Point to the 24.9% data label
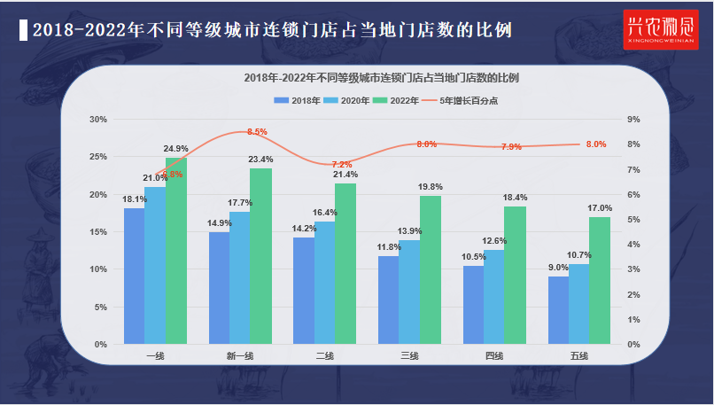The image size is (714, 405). tap(175, 148)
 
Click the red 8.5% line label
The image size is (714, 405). tap(257, 132)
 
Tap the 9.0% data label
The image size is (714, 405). tap(557, 268)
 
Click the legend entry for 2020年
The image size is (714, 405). tap(348, 101)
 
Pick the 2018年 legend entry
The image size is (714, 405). tap(297, 101)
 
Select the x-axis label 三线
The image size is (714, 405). tap(409, 356)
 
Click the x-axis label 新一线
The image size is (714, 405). tap(239, 356)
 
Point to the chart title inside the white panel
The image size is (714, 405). tap(381, 78)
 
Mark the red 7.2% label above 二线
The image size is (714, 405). tap(342, 165)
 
